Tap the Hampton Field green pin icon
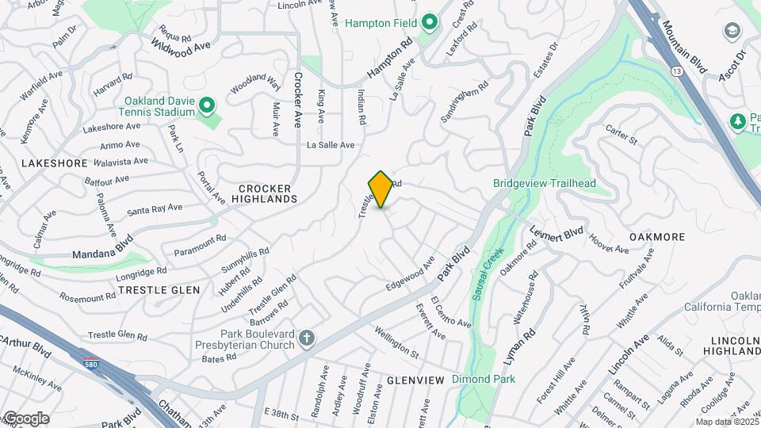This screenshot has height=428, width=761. click(430, 23)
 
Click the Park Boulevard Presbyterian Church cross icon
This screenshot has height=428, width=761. click(306, 339)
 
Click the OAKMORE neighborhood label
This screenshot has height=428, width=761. click(656, 236)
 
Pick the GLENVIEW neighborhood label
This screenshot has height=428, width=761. click(415, 380)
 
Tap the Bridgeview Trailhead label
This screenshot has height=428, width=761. click(545, 184)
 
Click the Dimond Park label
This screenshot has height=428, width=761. click(484, 379)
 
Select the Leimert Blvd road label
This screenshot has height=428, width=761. click(557, 235)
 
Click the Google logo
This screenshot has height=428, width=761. click(26, 418)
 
